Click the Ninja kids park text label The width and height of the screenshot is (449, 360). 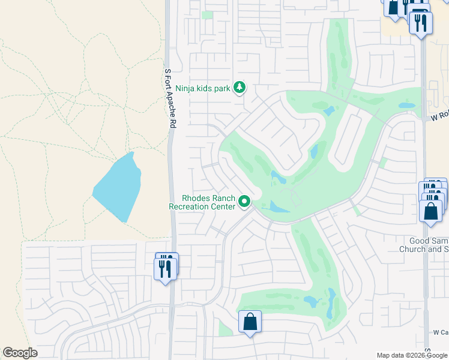(203, 88)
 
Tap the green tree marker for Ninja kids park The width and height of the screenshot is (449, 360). (240, 88)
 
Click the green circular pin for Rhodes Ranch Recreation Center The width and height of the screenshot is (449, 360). (244, 202)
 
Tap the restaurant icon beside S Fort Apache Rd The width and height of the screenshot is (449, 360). (166, 266)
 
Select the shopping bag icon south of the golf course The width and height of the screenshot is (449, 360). (250, 322)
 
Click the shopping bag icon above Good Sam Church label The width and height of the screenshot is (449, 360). (430, 211)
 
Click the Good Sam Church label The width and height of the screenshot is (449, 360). (425, 244)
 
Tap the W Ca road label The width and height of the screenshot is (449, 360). (440, 332)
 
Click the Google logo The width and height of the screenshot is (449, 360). (20, 353)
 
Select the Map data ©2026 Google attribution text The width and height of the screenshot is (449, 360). (412, 355)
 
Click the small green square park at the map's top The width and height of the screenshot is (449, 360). (207, 15)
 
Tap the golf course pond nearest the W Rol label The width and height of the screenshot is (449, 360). (406, 106)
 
